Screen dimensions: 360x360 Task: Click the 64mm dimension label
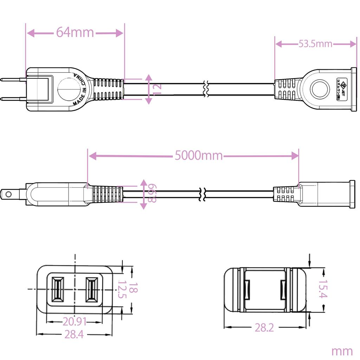pos(75,33)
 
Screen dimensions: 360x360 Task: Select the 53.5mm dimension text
pos(315,44)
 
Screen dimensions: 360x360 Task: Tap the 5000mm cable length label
pos(199,155)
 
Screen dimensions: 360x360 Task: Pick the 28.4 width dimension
pos(74,335)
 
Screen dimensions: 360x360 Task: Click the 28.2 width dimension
pos(264,328)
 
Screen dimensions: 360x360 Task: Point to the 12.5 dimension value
pos(122,289)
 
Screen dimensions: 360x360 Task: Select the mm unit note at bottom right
pos(342,351)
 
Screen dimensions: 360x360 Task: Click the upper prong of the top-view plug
pos(13,80)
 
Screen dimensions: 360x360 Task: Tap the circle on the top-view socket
pos(319,89)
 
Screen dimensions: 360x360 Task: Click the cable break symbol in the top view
pos(206,89)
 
